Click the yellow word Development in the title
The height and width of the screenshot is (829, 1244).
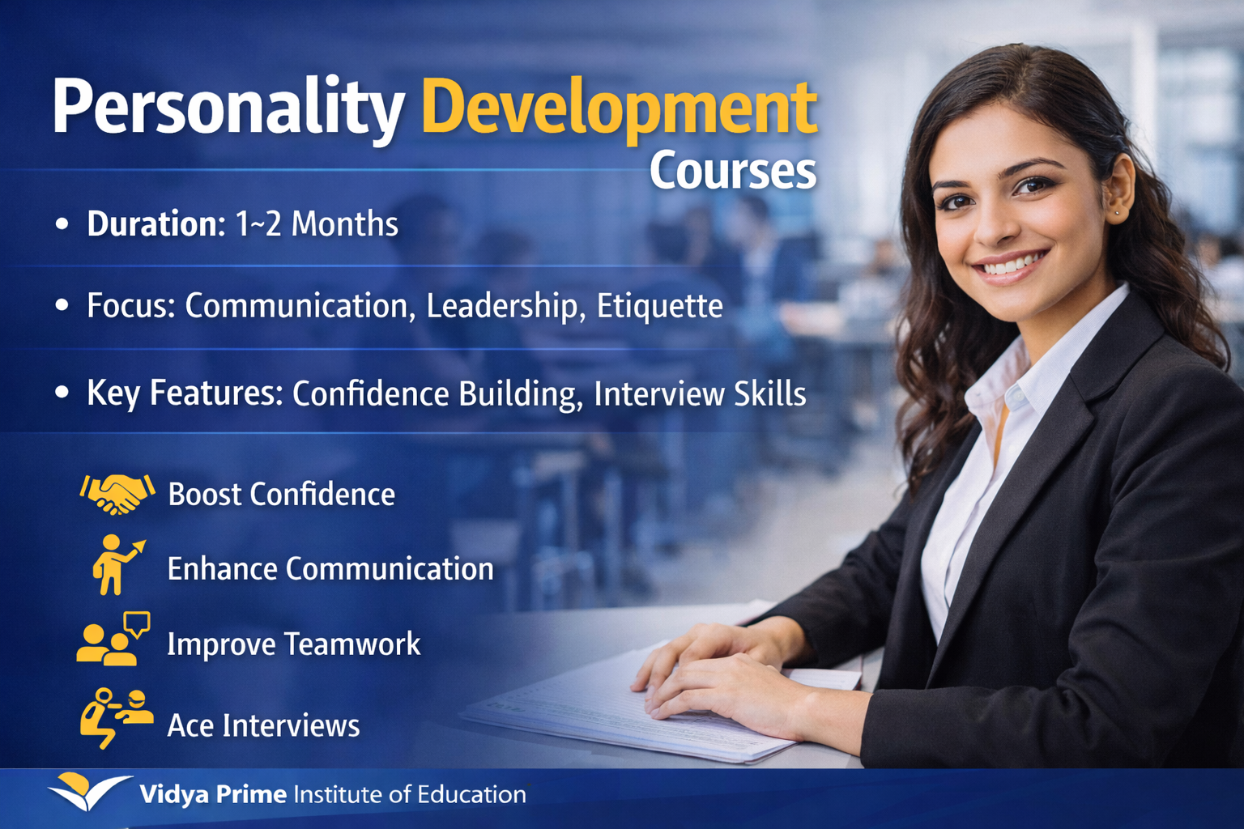(x=620, y=109)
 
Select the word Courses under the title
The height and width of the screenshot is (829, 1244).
(x=732, y=171)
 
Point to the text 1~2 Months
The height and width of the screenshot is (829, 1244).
(x=317, y=224)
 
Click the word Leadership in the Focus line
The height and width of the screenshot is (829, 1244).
(x=501, y=306)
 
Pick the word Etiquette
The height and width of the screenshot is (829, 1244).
(x=659, y=306)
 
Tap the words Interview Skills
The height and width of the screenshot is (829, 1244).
(x=700, y=393)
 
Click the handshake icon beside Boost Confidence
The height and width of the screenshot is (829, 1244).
(x=117, y=493)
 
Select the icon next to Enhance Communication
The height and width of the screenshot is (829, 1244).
(x=116, y=565)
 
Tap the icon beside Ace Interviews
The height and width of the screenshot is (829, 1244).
(x=116, y=717)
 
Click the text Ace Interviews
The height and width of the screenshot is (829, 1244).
(x=263, y=725)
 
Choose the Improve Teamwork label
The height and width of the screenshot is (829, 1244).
(x=293, y=644)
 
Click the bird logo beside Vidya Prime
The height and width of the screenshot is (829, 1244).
(x=87, y=791)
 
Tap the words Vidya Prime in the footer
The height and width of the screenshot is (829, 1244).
(x=213, y=794)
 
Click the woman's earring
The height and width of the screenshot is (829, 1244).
(x=1116, y=213)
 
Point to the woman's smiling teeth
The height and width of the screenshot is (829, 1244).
(x=1008, y=264)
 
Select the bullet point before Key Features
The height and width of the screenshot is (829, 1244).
(x=62, y=393)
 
